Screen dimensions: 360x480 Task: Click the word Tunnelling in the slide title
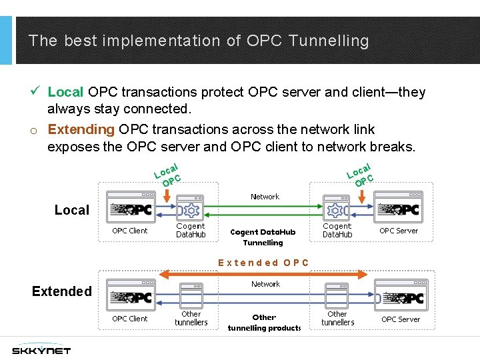(x=329, y=41)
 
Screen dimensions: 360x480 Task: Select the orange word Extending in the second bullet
(x=81, y=129)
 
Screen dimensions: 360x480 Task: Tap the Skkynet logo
(x=41, y=349)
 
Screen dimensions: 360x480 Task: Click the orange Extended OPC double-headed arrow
(x=266, y=273)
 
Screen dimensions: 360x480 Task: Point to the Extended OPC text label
(x=264, y=263)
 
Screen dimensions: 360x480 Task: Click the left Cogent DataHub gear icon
(x=191, y=209)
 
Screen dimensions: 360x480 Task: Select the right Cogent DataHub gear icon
(x=337, y=209)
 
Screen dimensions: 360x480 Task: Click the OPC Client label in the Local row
(x=130, y=231)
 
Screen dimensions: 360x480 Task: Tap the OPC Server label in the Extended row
(x=401, y=319)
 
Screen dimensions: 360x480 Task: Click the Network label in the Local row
(x=265, y=197)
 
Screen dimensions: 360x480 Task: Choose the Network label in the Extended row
(x=265, y=284)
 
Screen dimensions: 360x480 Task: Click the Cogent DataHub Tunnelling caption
(x=263, y=237)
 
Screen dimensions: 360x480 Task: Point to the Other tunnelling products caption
(x=264, y=323)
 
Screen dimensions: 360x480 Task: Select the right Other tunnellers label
(x=337, y=318)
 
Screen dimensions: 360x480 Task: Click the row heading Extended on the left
(x=62, y=291)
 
